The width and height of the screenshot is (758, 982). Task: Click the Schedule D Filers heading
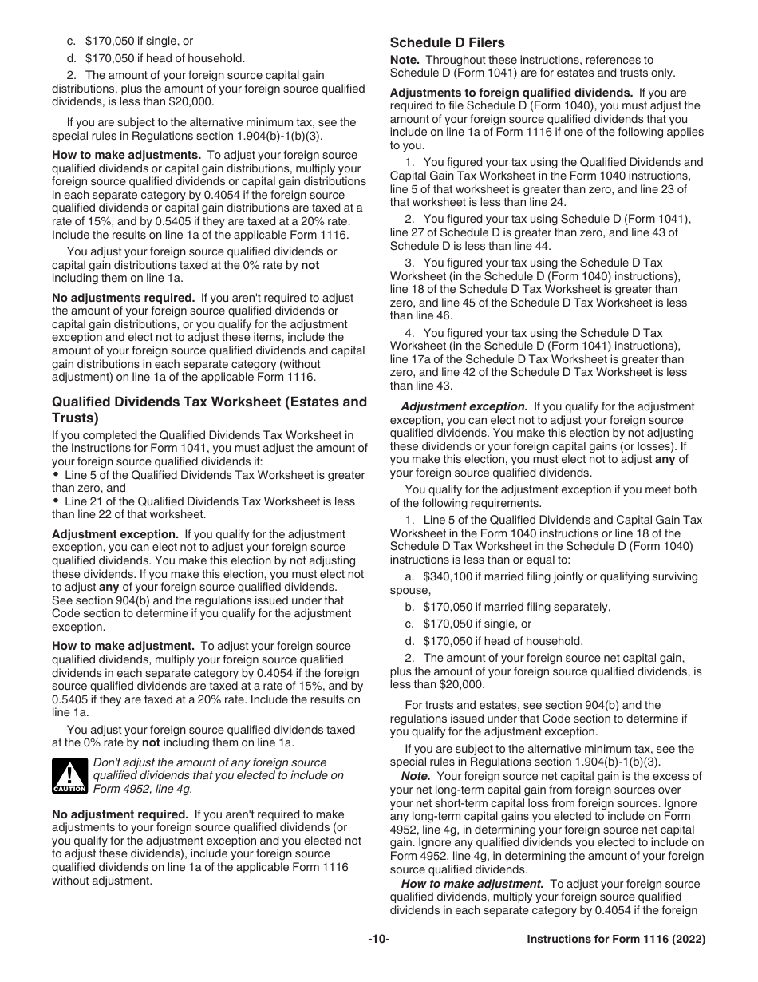tap(447, 42)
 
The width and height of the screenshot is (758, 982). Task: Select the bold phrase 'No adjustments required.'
tap(123, 298)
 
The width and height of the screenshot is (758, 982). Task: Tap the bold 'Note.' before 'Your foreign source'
tap(416, 776)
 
